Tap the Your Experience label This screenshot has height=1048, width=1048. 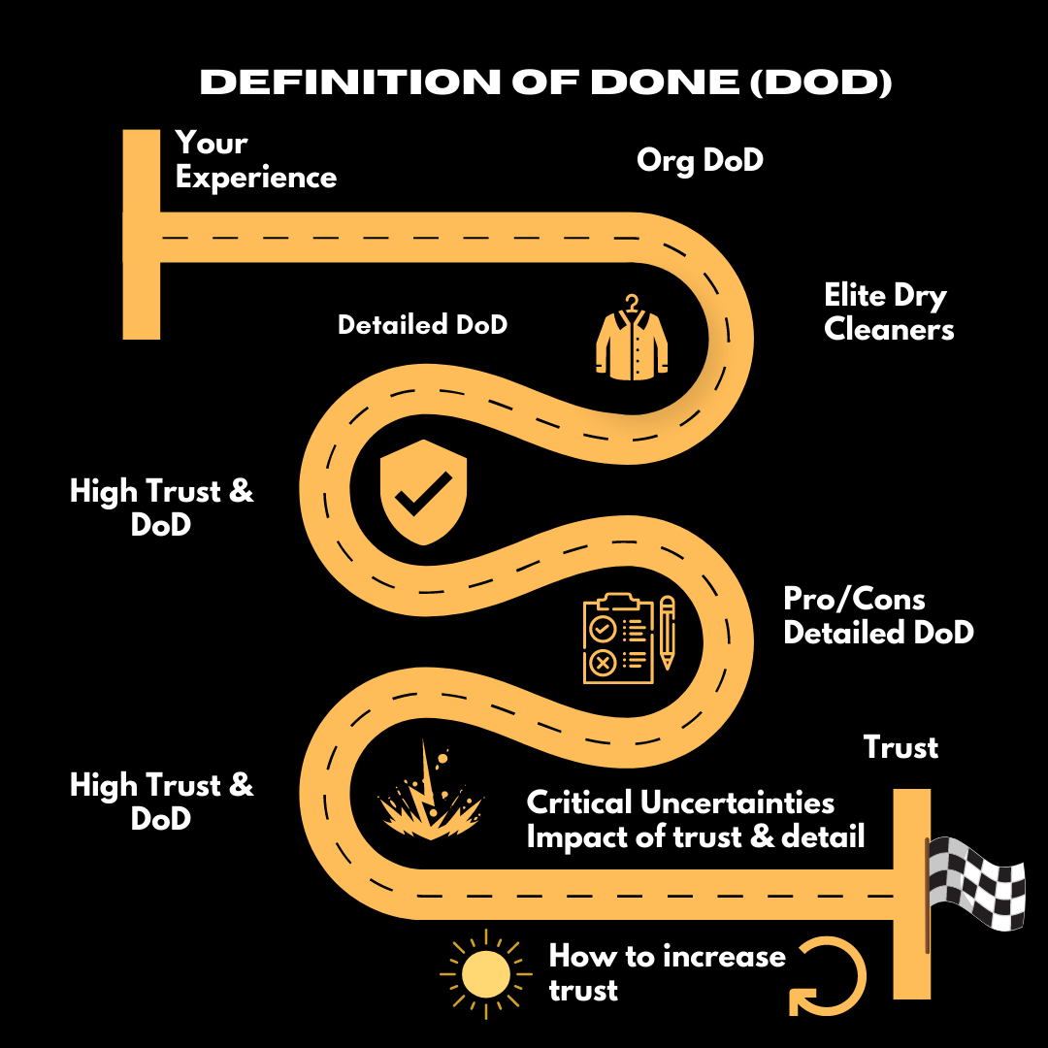point(256,160)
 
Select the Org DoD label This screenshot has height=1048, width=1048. point(700,160)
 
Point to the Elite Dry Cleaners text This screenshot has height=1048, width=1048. point(889,311)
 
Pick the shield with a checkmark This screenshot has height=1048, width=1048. point(422,495)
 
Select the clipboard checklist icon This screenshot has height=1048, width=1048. point(615,640)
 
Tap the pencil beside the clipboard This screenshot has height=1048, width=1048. point(668,633)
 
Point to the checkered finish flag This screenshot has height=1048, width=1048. point(975,883)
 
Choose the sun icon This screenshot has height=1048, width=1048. point(486,974)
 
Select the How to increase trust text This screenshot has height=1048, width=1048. point(667,973)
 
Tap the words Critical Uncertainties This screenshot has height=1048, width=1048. point(680,803)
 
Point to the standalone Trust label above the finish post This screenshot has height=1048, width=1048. point(901,747)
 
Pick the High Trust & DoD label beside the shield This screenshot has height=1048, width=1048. point(161,508)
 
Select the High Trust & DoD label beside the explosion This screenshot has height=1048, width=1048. point(161,801)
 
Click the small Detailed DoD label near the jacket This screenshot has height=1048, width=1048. point(422,324)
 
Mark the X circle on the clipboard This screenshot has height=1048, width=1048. point(603,664)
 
